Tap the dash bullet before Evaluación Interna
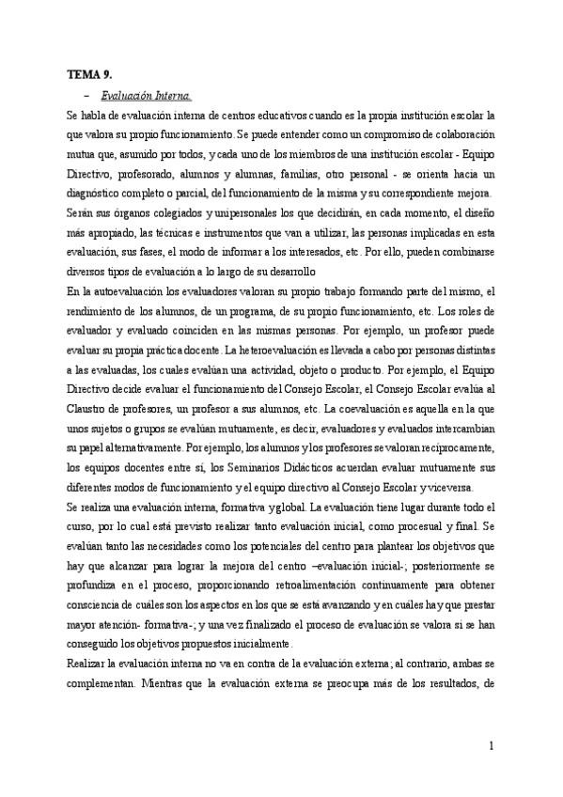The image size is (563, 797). (x=86, y=95)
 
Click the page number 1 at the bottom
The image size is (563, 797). (x=491, y=746)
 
